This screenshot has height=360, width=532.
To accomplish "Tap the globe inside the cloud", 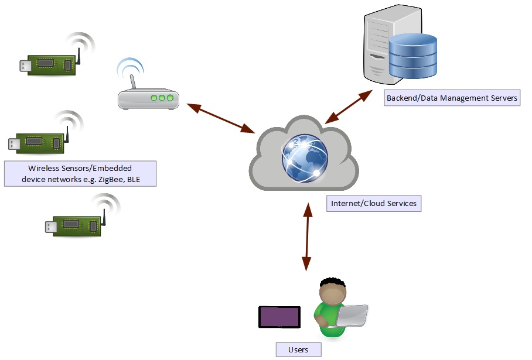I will (x=305, y=158).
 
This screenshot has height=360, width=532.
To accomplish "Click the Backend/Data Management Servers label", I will (x=452, y=98).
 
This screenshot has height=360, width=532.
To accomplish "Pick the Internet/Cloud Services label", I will (x=374, y=204).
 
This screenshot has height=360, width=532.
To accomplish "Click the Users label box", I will (x=298, y=349).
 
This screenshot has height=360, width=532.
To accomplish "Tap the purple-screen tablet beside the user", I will (x=279, y=317).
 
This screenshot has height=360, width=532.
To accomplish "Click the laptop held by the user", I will (x=352, y=316).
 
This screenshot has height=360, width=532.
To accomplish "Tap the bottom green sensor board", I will (x=76, y=225).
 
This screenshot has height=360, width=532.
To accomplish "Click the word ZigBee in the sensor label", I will (x=104, y=179).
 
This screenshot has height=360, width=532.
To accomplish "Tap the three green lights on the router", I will (x=162, y=98).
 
